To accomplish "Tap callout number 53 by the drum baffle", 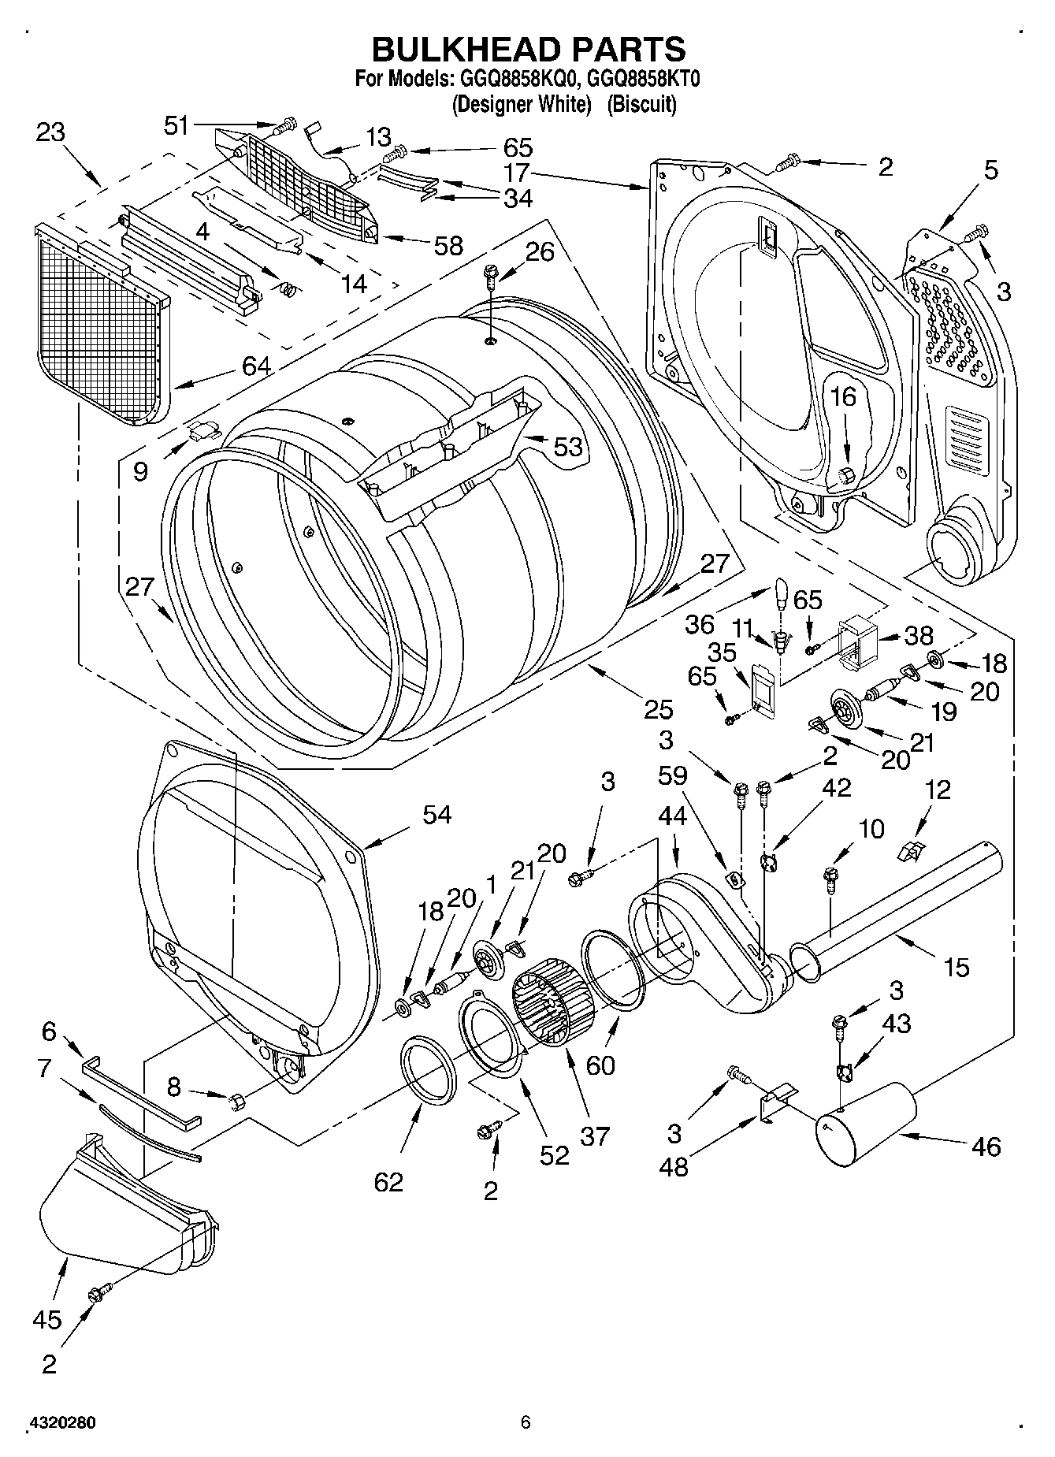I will (567, 447).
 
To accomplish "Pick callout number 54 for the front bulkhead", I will (436, 814).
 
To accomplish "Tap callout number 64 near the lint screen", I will (257, 366).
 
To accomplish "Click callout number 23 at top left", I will (50, 132).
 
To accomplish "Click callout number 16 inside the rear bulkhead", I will (843, 396).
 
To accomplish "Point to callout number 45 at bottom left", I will (47, 1319).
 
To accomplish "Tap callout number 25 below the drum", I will (658, 709).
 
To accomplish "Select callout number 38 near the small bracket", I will (919, 635).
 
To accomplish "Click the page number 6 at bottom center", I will (526, 1422).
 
